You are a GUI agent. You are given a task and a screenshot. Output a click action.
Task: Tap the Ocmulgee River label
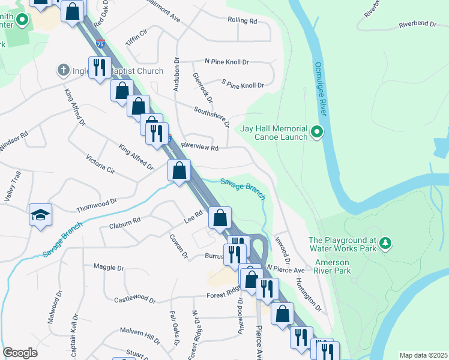(x=322, y=91)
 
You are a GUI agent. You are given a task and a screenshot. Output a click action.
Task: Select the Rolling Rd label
(x=242, y=20)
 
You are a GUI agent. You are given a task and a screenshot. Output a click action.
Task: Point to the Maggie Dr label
(x=109, y=267)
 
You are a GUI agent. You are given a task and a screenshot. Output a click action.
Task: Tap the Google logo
(x=20, y=353)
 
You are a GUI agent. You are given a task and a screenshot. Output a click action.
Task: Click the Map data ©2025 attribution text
(x=423, y=355)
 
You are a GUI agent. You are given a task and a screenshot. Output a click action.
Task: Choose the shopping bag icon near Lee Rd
(x=220, y=218)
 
